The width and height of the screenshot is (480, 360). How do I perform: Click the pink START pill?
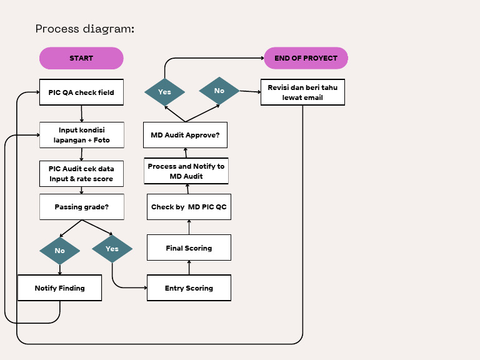click(81, 58)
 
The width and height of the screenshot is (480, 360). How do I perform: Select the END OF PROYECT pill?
click(306, 58)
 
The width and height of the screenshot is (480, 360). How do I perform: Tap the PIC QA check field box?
click(81, 92)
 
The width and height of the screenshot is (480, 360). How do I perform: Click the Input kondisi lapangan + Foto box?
click(81, 135)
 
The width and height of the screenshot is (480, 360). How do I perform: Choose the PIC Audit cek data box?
click(81, 174)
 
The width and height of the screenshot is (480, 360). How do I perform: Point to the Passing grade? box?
click(81, 207)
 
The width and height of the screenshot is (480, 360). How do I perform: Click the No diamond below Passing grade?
click(59, 251)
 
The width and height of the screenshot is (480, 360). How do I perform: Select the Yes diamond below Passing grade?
click(112, 249)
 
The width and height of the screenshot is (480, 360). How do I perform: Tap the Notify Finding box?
click(59, 288)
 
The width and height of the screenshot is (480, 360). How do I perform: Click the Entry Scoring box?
click(189, 288)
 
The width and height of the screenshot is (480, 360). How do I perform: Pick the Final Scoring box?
click(189, 248)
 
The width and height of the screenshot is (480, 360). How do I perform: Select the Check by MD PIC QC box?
click(189, 207)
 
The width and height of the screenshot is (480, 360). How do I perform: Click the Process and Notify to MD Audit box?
click(186, 171)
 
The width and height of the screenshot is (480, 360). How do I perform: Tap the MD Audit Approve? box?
click(189, 135)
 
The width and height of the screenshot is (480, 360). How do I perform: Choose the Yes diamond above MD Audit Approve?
click(164, 92)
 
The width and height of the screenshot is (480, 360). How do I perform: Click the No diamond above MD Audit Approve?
click(219, 91)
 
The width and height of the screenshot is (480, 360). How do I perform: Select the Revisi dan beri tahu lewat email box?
click(302, 92)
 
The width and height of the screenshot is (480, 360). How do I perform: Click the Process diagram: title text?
click(84, 29)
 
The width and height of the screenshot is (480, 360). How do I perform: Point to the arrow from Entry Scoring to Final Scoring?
click(189, 267)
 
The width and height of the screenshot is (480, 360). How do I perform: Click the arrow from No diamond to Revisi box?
click(250, 91)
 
